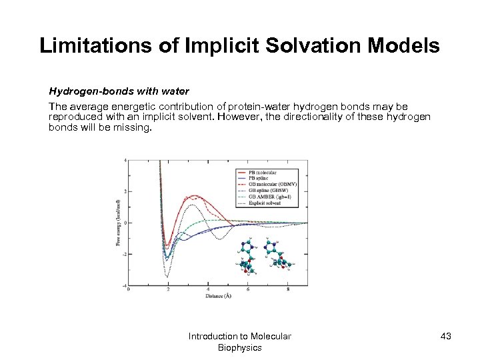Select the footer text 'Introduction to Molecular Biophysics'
(x=239, y=341)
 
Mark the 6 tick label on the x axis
(x=248, y=289)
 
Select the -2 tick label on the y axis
(x=124, y=254)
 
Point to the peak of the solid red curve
(x=195, y=196)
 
